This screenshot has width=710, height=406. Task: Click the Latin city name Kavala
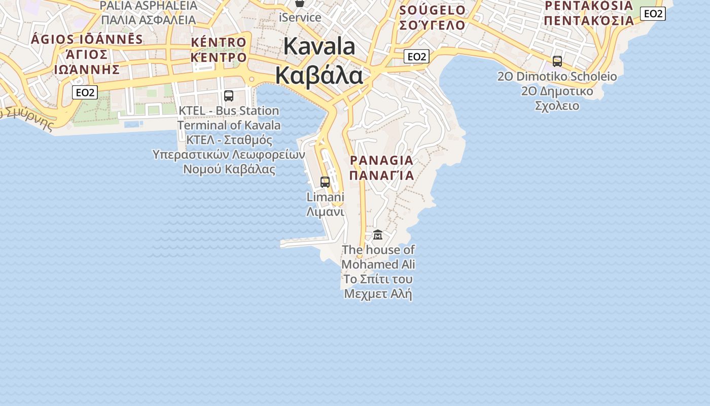pyautogui.click(x=319, y=46)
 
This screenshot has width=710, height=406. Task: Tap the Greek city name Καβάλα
pyautogui.click(x=319, y=76)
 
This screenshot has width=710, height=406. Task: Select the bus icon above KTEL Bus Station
pyautogui.click(x=229, y=96)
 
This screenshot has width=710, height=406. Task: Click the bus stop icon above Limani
pyautogui.click(x=325, y=182)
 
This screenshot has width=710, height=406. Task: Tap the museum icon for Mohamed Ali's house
pyautogui.click(x=378, y=234)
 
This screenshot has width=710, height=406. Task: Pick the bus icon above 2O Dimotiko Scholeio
pyautogui.click(x=557, y=61)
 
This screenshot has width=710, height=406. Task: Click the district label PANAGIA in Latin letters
pyautogui.click(x=381, y=160)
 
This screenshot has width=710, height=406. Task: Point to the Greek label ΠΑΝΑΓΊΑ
pyautogui.click(x=381, y=176)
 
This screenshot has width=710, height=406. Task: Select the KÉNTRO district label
pyautogui.click(x=219, y=42)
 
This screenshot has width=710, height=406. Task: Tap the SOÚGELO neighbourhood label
pyautogui.click(x=432, y=10)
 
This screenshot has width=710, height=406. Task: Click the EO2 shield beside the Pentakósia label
pyautogui.click(x=653, y=14)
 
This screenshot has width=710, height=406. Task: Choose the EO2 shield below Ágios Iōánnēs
pyautogui.click(x=85, y=92)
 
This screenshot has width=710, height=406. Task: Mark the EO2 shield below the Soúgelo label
pyautogui.click(x=416, y=56)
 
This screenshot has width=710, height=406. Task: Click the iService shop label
pyautogui.click(x=300, y=17)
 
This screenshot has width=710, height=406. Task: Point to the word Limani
pyautogui.click(x=325, y=197)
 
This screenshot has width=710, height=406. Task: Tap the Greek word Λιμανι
pyautogui.click(x=325, y=212)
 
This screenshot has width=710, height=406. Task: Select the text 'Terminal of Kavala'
pyautogui.click(x=229, y=125)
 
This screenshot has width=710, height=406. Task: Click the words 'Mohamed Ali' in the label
pyautogui.click(x=378, y=264)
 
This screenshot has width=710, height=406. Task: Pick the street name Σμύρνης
pyautogui.click(x=28, y=118)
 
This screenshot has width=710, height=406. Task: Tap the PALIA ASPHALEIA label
pyautogui.click(x=149, y=6)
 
